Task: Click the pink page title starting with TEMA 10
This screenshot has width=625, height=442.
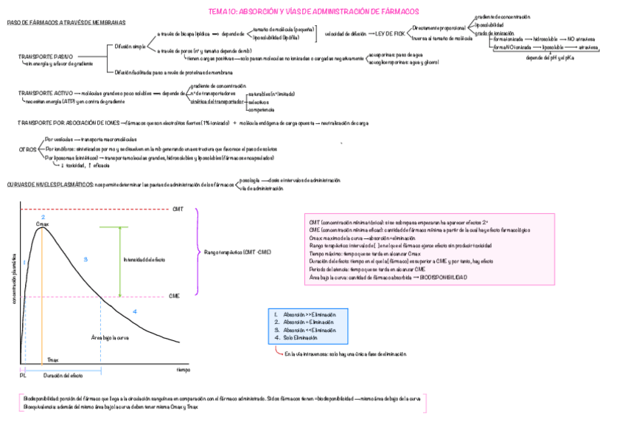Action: [313, 11]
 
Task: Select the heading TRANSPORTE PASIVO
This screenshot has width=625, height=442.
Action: [45, 56]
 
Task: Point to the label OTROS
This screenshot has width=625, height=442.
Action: [28, 149]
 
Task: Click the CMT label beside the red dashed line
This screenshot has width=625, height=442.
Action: [178, 210]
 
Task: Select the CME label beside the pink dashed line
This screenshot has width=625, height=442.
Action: [174, 296]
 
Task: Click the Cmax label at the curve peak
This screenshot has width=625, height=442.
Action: [42, 224]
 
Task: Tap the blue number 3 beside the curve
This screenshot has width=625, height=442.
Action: [85, 260]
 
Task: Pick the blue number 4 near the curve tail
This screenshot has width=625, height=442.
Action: [134, 311]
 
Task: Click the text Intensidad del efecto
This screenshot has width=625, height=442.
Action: [144, 260]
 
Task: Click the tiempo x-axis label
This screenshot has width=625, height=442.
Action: [183, 368]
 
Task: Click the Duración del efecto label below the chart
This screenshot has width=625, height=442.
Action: [63, 376]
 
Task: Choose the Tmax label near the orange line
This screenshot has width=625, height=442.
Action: [52, 359]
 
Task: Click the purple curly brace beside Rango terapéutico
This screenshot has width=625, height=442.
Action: [198, 252]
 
